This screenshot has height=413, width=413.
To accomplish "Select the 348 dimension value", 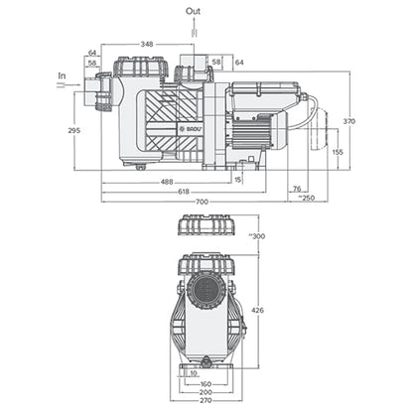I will pyautogui.click(x=147, y=44).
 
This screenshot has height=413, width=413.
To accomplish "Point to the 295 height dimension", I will pyautogui.click(x=73, y=130).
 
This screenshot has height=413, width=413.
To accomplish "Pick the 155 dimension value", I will pyautogui.click(x=339, y=152).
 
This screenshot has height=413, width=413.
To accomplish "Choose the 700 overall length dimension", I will pyautogui.click(x=202, y=202).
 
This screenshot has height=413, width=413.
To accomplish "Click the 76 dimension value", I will pyautogui.click(x=297, y=188).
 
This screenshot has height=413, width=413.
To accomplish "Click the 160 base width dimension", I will pyautogui.click(x=206, y=384).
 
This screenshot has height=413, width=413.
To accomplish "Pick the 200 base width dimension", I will pyautogui.click(x=206, y=393).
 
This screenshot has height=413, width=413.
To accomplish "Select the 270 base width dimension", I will pyautogui.click(x=206, y=403).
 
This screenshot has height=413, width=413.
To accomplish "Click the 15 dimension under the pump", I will pyautogui.click(x=238, y=180).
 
